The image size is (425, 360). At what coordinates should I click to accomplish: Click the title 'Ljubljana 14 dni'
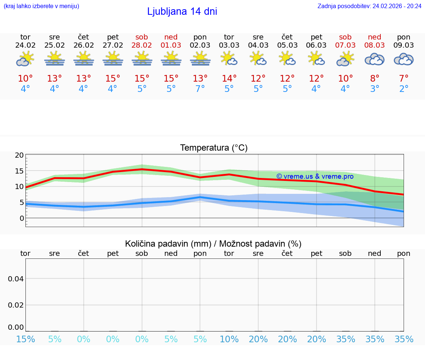(182, 11)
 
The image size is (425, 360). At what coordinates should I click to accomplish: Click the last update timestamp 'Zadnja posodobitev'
(369, 6)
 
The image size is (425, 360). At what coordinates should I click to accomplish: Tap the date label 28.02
(142, 45)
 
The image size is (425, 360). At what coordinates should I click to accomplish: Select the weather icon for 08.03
(374, 59)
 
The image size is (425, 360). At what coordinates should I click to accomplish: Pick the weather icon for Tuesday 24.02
(25, 59)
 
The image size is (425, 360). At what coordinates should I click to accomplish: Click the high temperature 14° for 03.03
(229, 79)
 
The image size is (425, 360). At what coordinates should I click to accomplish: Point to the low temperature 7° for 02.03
(200, 89)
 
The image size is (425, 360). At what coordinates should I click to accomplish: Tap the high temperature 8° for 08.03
(374, 79)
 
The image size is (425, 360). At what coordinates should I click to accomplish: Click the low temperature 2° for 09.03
(404, 89)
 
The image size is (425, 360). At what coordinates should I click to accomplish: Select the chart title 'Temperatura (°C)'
(214, 148)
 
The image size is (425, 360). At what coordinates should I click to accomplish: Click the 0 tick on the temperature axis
(21, 218)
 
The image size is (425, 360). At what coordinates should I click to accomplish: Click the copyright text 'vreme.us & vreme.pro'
(315, 176)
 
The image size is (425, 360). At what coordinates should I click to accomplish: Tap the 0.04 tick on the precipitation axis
(16, 279)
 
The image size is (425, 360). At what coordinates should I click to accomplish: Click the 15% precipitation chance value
(25, 339)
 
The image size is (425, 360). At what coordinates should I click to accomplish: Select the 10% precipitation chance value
(229, 339)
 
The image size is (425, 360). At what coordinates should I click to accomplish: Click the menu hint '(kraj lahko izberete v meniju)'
(41, 6)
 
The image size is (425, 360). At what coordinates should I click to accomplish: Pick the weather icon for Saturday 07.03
(345, 59)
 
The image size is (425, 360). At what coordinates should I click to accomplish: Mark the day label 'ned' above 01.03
(171, 37)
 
